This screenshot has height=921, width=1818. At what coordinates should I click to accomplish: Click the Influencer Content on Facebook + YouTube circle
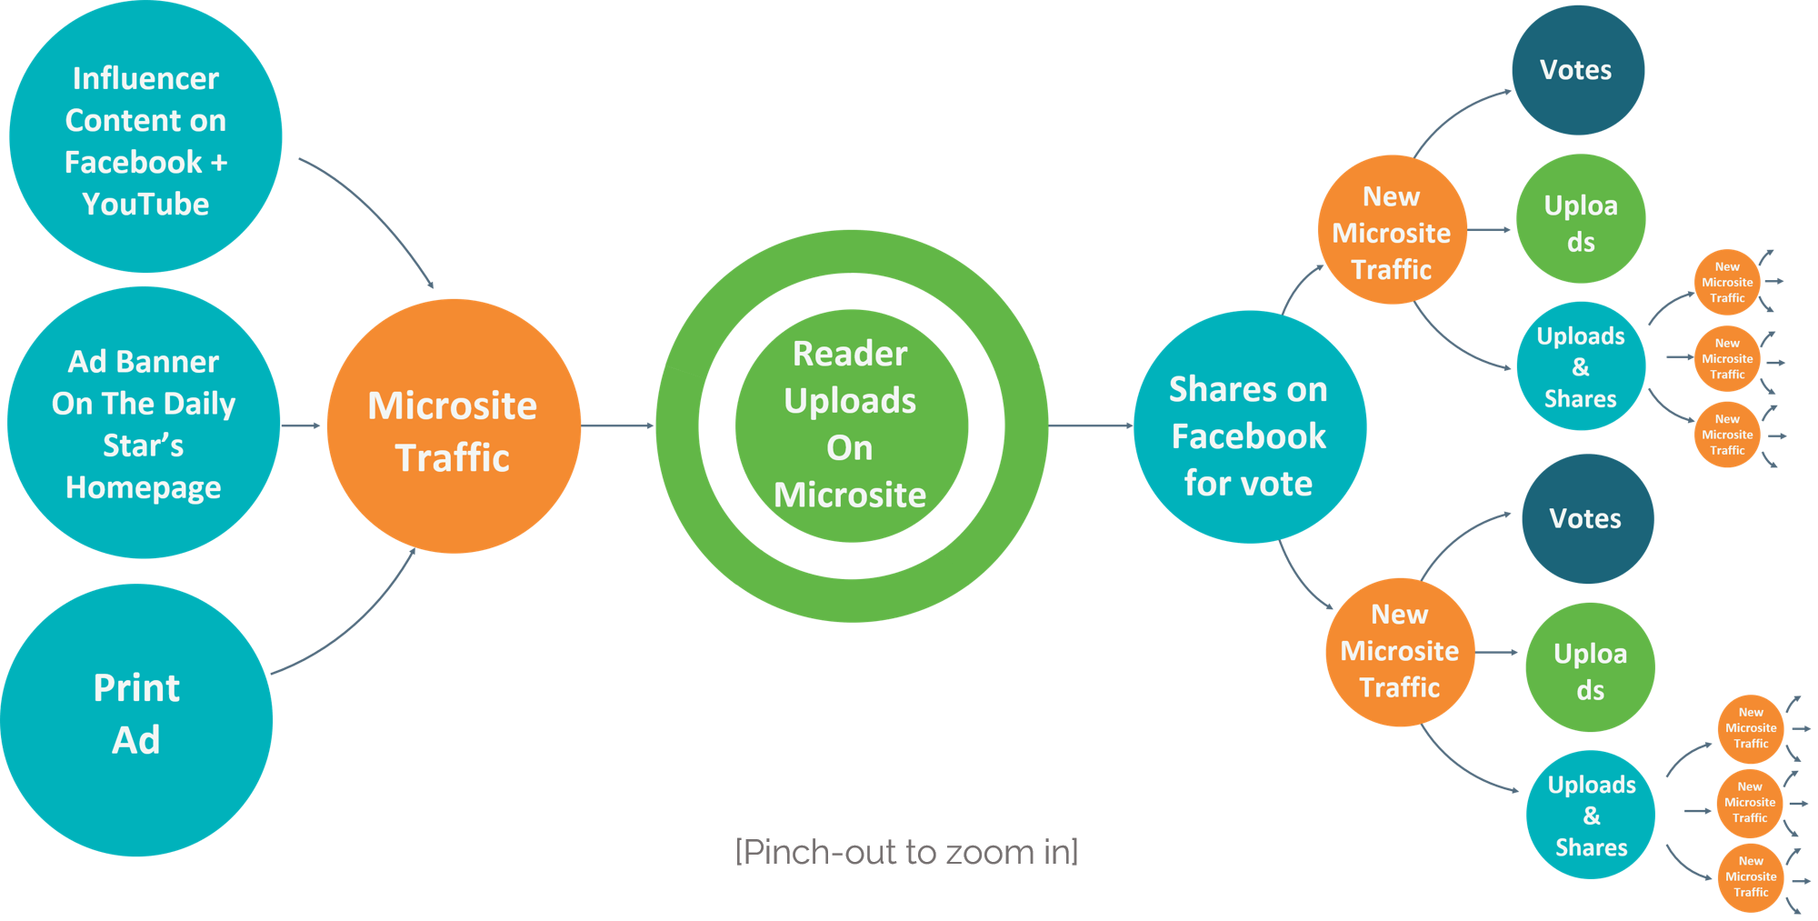[x=145, y=136]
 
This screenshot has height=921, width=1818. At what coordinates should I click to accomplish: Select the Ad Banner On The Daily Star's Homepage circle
[x=144, y=423]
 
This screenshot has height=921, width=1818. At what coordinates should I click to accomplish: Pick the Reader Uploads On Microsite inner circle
[x=851, y=425]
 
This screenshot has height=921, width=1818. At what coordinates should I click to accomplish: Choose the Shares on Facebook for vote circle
[x=1249, y=427]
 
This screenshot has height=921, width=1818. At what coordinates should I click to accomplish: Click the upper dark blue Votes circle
[x=1577, y=70]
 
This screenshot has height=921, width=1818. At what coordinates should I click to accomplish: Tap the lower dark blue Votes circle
[x=1587, y=519]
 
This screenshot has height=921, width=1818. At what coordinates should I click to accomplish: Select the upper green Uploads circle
[x=1581, y=219]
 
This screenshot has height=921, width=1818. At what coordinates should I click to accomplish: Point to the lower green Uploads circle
[x=1590, y=667]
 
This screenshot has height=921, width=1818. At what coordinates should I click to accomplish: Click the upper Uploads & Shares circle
[x=1581, y=366]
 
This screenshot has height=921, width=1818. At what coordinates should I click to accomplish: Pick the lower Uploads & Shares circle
[x=1591, y=815]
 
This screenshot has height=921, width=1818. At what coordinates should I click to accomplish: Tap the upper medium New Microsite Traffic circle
[x=1392, y=230]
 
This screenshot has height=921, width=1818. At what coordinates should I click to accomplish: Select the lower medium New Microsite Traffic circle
[x=1400, y=651]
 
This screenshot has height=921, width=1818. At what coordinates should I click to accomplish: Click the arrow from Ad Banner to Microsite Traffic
[x=301, y=425]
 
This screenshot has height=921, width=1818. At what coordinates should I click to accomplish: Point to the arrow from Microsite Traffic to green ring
[x=618, y=425]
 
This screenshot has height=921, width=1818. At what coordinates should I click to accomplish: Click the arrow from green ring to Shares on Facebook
[x=1091, y=425]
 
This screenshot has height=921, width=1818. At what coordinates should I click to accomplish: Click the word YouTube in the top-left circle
[x=145, y=204]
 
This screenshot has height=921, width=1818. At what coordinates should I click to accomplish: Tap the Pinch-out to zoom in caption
[x=906, y=852]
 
